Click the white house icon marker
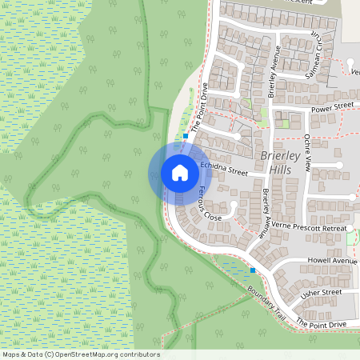(x=179, y=172)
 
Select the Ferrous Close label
(x=210, y=204)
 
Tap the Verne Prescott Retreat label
(x=308, y=229)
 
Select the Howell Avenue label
(x=331, y=261)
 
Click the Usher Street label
(x=322, y=293)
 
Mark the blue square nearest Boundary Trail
(x=254, y=271)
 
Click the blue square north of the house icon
(x=186, y=136)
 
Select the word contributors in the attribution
(x=138, y=354)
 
